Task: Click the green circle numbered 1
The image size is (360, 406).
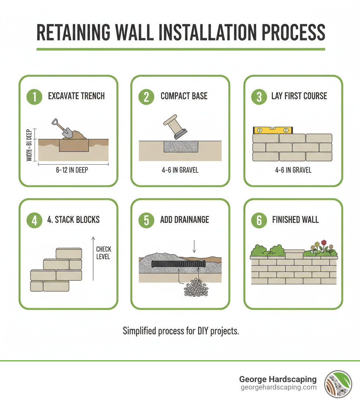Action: [34, 96]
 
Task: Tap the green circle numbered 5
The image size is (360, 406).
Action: [146, 220]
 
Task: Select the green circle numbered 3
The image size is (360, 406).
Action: [259, 96]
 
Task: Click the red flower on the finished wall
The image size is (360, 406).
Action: [324, 242]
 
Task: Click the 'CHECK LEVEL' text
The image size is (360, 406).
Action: [103, 253]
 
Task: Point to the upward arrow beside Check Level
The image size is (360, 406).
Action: [93, 258]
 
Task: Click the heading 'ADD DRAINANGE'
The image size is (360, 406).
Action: [185, 220]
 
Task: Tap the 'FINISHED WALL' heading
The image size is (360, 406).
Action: [295, 220]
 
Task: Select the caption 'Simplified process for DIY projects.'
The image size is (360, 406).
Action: [181, 331]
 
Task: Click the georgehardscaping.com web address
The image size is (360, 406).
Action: [278, 387]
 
